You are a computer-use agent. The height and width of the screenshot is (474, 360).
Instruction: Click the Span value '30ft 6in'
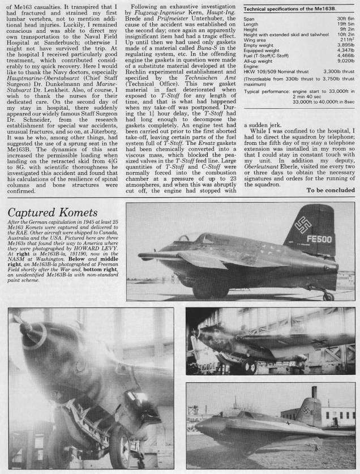(x=345, y=19)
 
